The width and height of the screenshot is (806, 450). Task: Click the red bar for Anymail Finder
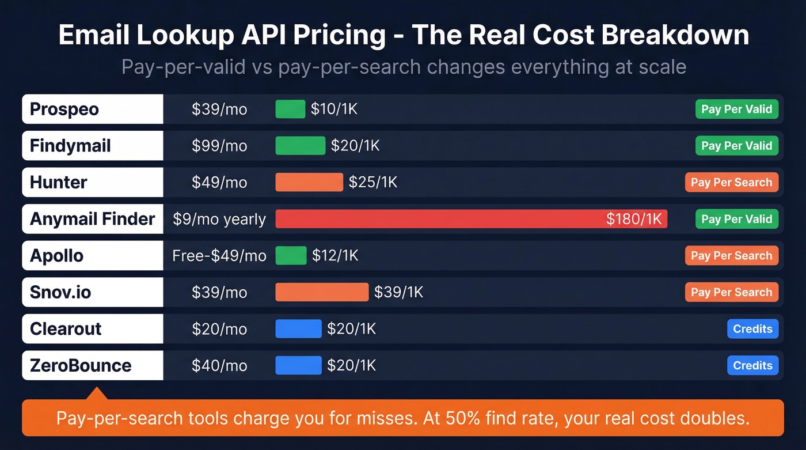pyautogui.click(x=438, y=219)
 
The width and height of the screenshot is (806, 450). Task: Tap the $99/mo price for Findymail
pyautogui.click(x=219, y=146)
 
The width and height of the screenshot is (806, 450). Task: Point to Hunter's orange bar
pyautogui.click(x=309, y=182)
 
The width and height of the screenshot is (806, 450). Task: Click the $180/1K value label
pyautogui.click(x=636, y=219)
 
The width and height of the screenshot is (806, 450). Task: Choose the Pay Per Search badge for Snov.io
pyautogui.click(x=731, y=292)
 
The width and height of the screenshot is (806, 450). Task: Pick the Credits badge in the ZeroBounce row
pyautogui.click(x=752, y=365)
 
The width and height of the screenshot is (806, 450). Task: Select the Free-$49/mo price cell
pyautogui.click(x=219, y=255)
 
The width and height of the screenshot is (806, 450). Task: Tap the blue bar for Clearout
pyautogui.click(x=298, y=328)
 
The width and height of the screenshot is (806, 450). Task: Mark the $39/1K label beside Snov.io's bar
pyautogui.click(x=398, y=292)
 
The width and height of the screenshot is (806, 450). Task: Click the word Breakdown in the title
pyautogui.click(x=675, y=35)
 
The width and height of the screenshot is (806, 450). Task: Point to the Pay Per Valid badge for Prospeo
pyautogui.click(x=736, y=109)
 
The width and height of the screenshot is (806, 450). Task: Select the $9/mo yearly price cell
pyautogui.click(x=219, y=219)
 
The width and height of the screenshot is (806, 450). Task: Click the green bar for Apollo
pyautogui.click(x=291, y=255)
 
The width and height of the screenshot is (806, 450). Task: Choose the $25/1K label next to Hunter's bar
pyautogui.click(x=373, y=182)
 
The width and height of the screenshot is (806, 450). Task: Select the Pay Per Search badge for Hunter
pyautogui.click(x=731, y=182)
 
